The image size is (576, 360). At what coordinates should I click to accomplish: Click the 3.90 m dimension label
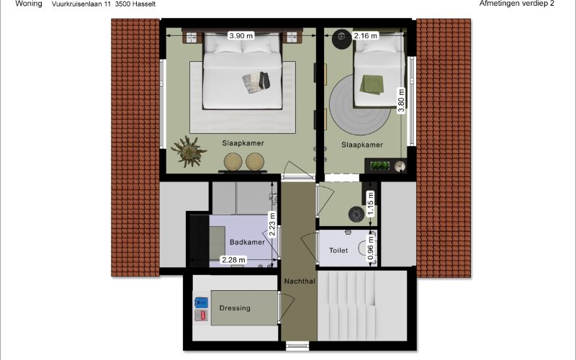[241, 35]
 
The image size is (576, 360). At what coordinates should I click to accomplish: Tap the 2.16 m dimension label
[365, 35]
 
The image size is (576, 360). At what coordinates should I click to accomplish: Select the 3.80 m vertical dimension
[401, 101]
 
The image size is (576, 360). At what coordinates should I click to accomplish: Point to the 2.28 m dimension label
[233, 260]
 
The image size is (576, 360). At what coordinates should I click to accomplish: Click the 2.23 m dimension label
[272, 224]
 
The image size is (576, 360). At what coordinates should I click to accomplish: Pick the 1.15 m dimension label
[371, 204]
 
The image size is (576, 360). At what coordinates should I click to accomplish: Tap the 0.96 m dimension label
[371, 248]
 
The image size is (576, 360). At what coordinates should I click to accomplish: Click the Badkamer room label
[247, 242]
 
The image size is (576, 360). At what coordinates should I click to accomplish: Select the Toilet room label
[338, 250]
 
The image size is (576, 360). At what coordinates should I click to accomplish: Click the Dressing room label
[235, 308]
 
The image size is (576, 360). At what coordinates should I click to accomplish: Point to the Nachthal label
[300, 281]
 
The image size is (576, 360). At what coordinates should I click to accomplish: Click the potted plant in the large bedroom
[189, 151]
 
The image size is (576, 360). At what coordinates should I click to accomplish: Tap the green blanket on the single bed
[372, 84]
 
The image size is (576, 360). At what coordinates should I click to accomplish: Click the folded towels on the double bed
[256, 82]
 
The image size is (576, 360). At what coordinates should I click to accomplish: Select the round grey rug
[359, 104]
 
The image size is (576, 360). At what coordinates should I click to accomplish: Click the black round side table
[342, 38]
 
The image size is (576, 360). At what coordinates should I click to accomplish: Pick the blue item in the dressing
[201, 302]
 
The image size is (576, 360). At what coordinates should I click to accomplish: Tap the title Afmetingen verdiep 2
[516, 4]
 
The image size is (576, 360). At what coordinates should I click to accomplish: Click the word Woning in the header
[29, 4]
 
